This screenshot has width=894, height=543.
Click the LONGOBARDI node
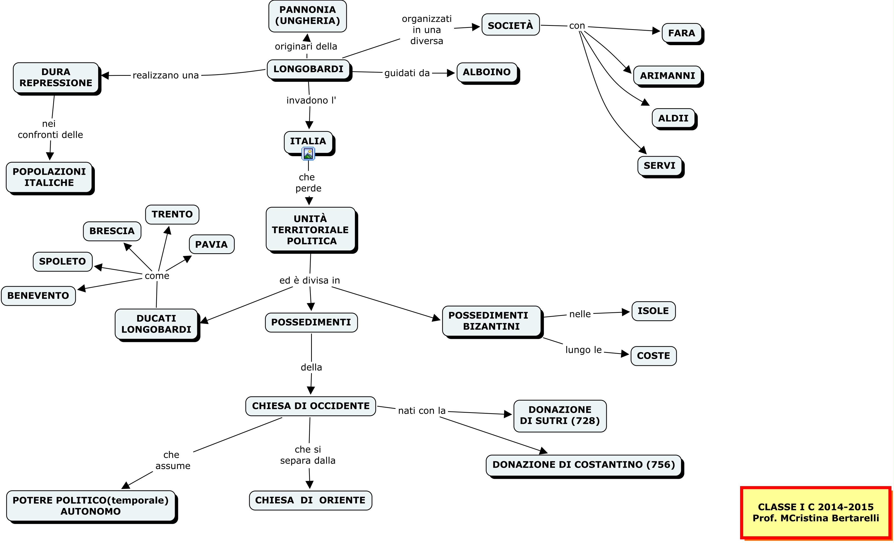click(x=308, y=69)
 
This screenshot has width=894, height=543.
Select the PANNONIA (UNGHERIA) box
click(x=307, y=16)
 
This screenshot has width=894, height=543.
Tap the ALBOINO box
click(x=487, y=72)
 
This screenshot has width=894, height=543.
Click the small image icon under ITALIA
click(x=308, y=154)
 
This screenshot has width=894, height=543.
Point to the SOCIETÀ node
click(x=510, y=25)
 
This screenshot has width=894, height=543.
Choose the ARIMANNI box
click(x=667, y=76)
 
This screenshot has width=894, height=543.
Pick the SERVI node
click(x=659, y=166)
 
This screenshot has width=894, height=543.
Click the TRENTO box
click(x=172, y=214)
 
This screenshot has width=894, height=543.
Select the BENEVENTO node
click(x=38, y=296)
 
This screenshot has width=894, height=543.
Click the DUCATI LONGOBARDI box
click(x=156, y=324)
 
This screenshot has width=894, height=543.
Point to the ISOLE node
click(x=653, y=311)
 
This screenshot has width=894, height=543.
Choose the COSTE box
click(x=653, y=356)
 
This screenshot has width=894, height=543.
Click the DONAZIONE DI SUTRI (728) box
click(x=560, y=416)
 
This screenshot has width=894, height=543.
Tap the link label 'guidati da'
click(x=407, y=73)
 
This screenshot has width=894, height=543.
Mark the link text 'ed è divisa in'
click(x=310, y=280)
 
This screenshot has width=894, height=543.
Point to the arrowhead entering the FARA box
click(x=656, y=31)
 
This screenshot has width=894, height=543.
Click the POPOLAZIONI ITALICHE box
click(x=49, y=177)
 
